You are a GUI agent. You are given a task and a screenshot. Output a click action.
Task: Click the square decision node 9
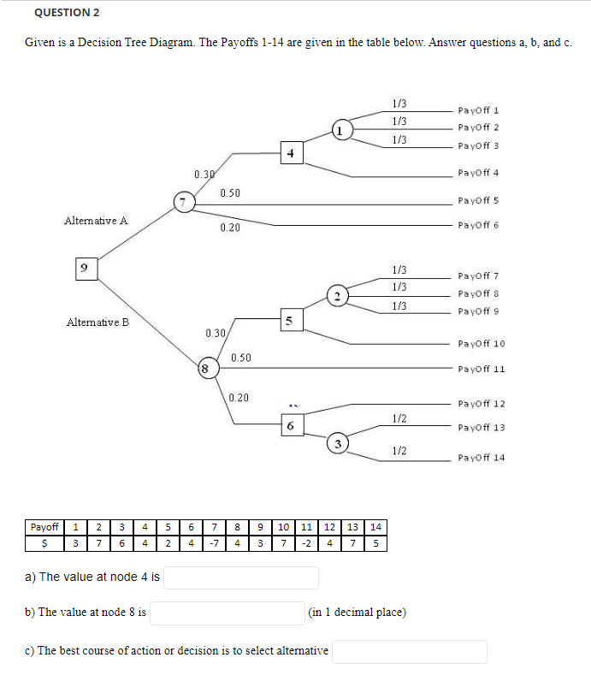[x=84, y=268]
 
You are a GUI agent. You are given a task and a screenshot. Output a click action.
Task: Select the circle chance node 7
[x=181, y=203]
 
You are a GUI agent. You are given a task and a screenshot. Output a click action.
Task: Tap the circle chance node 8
[x=205, y=369]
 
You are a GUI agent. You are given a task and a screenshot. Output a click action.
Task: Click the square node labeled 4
[x=291, y=154]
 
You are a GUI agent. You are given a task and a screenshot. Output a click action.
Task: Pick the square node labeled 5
[x=289, y=321]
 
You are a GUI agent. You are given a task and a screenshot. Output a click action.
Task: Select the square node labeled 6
[x=291, y=425]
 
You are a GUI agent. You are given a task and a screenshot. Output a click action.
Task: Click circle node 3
[x=339, y=443]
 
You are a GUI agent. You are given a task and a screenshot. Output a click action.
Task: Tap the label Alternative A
[x=96, y=221]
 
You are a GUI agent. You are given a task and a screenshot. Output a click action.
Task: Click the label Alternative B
[x=97, y=323]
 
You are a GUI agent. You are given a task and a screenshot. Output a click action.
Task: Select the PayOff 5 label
[x=478, y=201]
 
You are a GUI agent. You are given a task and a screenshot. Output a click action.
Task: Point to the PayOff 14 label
[x=482, y=458]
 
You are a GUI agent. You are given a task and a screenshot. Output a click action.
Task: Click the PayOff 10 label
[x=482, y=344]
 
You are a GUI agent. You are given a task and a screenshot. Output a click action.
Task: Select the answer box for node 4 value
[x=241, y=577]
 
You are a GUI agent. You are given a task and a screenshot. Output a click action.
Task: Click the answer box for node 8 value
[x=228, y=613]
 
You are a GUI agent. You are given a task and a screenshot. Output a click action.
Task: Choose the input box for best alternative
[x=410, y=651]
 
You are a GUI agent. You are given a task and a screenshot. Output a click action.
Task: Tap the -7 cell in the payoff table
[x=216, y=543]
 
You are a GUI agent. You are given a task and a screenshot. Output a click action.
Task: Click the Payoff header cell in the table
[x=44, y=527]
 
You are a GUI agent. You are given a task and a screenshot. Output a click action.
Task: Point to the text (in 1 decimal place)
[x=358, y=613]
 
